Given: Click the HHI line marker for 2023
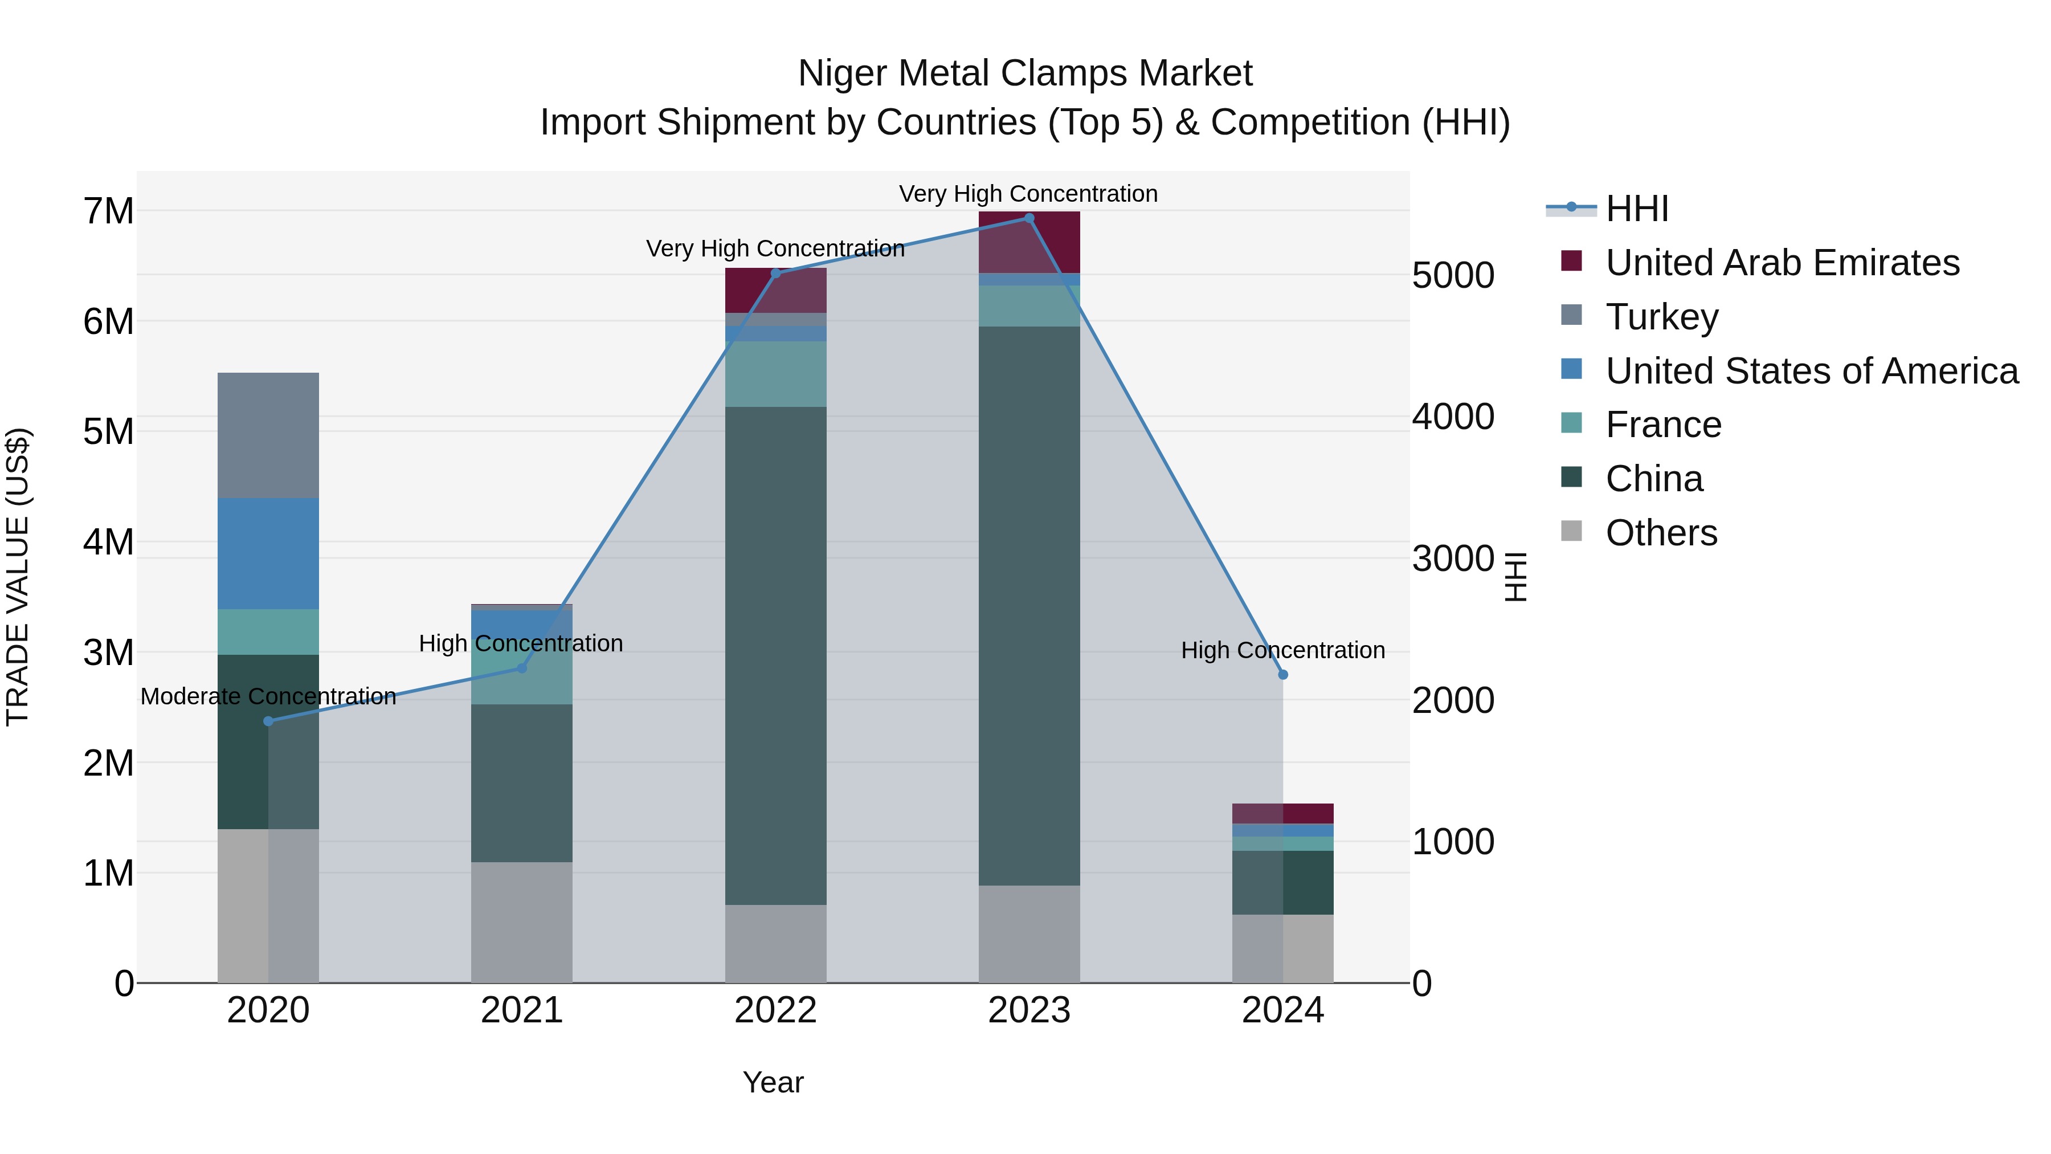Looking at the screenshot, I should (1029, 218).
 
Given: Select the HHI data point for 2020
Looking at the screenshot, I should (268, 721).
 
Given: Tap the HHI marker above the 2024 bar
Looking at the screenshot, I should (1282, 675).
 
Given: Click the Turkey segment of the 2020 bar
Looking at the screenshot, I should (268, 435).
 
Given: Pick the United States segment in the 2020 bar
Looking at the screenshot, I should (268, 553).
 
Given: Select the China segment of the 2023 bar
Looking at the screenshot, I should (1029, 605).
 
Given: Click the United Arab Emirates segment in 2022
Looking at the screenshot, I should (775, 291).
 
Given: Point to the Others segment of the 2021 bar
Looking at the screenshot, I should (521, 922).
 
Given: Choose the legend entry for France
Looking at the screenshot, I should (1662, 425).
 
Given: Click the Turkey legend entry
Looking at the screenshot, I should (1661, 317).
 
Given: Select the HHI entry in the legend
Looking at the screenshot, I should (1636, 209).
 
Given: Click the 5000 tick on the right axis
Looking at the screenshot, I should (1453, 276).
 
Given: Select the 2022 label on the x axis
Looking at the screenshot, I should (775, 1010).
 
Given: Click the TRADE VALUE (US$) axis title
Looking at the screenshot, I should (18, 577).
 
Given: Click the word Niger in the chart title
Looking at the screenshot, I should (843, 74).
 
